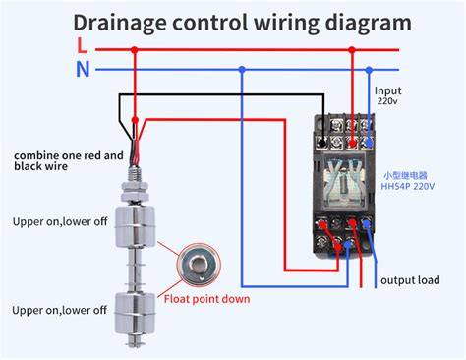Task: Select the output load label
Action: pos(411,280)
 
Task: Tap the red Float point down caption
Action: pos(206,298)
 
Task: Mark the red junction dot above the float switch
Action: pos(135,45)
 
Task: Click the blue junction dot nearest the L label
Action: pos(243,69)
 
